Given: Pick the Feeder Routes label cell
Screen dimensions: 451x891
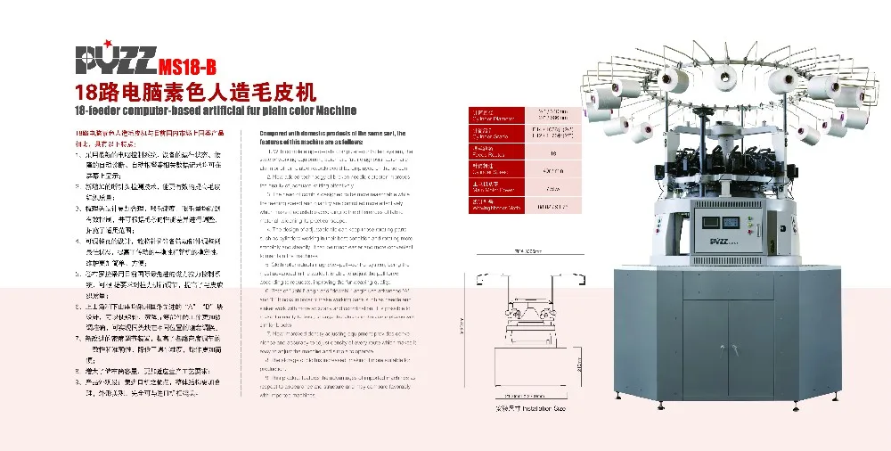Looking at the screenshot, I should click(486, 150).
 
